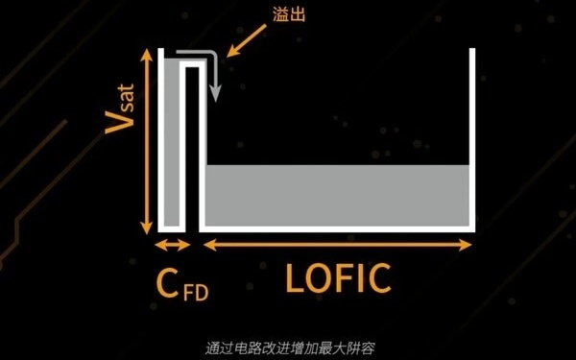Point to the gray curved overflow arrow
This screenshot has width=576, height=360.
pyautogui.click(x=216, y=77)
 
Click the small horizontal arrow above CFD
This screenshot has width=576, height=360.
pyautogui.click(x=172, y=246)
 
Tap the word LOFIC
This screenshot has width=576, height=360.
pyautogui.click(x=339, y=279)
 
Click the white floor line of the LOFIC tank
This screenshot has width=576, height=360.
pyautogui.click(x=339, y=229)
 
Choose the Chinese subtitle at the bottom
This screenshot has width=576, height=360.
pyautogui.click(x=288, y=347)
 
